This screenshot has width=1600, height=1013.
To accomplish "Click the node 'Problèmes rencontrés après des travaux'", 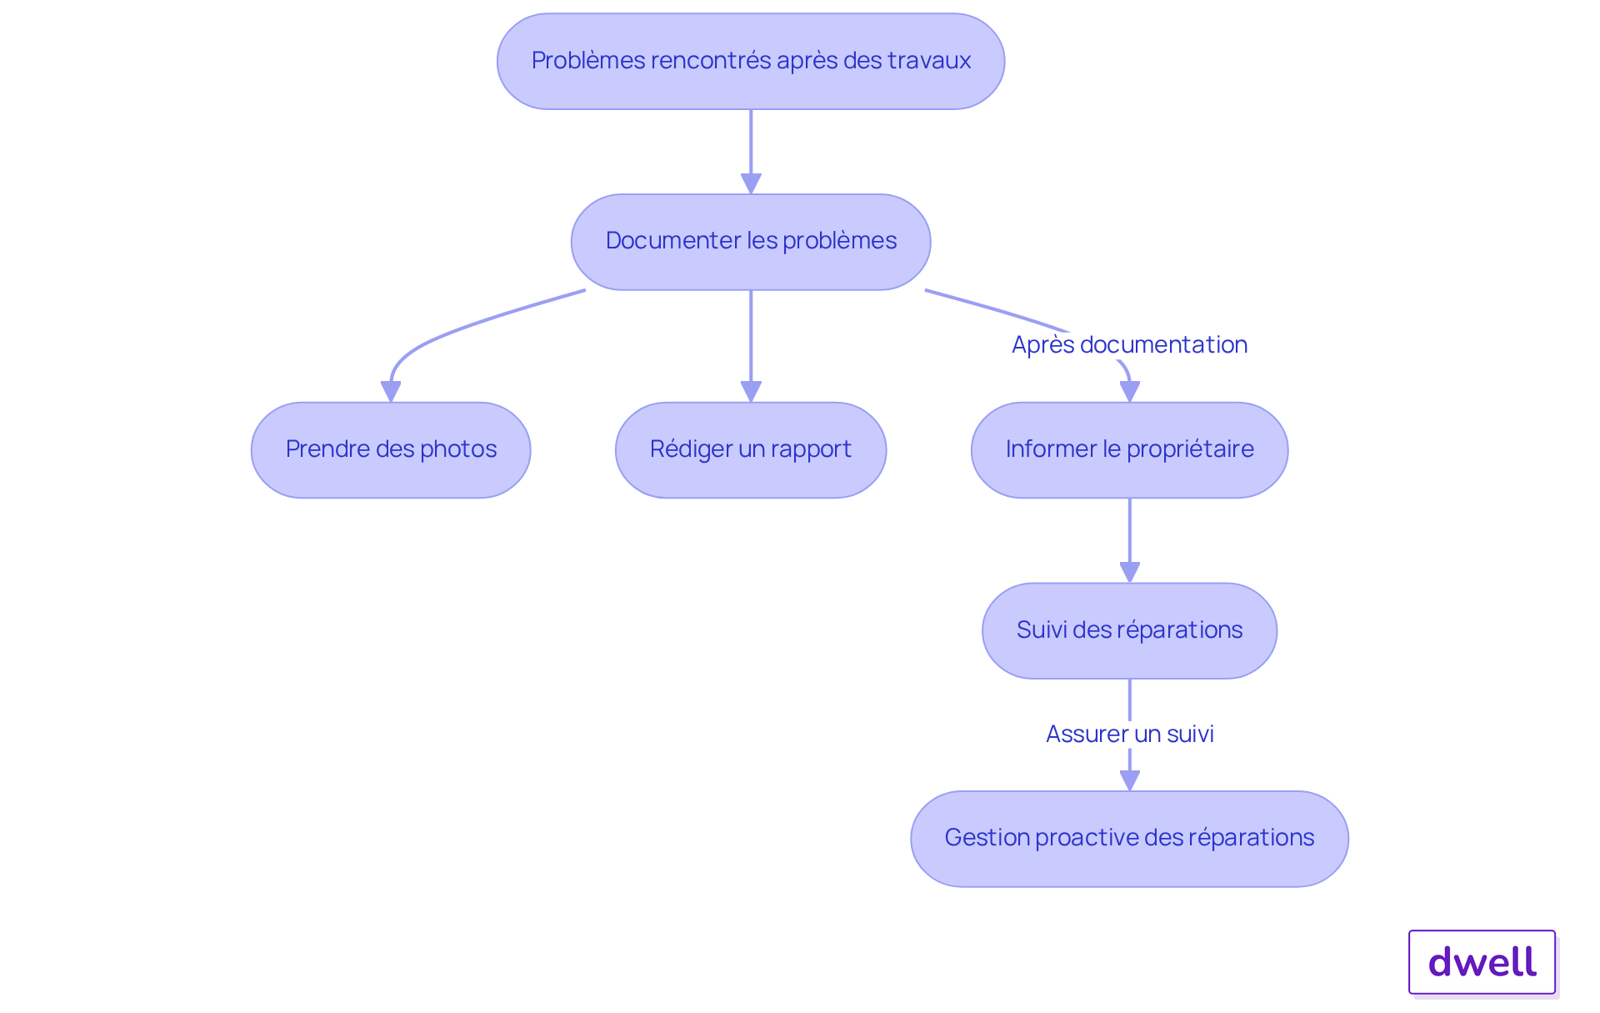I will coord(750,61).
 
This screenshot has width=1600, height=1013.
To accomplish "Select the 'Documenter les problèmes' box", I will coord(750,242).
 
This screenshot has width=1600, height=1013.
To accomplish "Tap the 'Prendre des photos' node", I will coord(391,450).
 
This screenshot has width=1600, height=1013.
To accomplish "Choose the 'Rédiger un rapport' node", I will coord(750,450).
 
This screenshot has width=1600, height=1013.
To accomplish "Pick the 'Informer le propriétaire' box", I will coord(1129,450).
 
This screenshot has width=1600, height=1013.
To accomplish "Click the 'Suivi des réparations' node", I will coord(1129,630).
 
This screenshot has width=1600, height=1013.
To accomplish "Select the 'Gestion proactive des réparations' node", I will coord(1129,839).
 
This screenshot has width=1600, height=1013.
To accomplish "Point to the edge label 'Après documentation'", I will coord(1129,344).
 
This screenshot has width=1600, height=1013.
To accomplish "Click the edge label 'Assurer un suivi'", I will coord(1129,734).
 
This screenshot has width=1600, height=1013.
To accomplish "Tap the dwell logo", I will coord(1482,962).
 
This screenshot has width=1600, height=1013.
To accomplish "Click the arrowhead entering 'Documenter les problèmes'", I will coord(751,183).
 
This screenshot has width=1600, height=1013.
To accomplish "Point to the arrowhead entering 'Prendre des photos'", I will coord(391,391).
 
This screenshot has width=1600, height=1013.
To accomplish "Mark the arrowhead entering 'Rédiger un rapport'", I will coord(751,391).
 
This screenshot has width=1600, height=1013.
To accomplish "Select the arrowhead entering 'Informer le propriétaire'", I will coord(1129,391).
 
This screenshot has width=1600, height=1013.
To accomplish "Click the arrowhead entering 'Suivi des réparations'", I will coord(1129,572).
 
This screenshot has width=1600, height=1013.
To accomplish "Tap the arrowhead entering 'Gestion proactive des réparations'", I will coord(1129,780).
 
